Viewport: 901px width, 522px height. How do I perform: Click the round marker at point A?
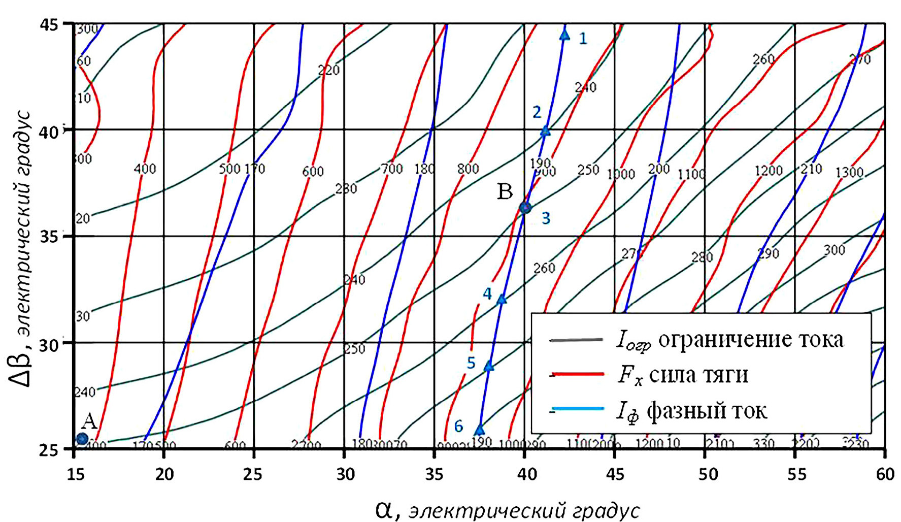click(82, 439)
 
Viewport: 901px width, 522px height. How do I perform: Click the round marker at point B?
click(525, 207)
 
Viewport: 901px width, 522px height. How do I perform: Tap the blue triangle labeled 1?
click(564, 35)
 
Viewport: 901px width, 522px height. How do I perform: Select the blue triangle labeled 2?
click(545, 131)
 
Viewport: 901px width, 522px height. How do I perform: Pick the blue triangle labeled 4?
click(502, 299)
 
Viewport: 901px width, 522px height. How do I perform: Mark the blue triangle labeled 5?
click(489, 366)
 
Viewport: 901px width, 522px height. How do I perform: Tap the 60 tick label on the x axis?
click(885, 474)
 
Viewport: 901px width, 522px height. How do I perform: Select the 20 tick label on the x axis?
click(164, 474)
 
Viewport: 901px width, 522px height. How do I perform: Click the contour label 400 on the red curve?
click(145, 169)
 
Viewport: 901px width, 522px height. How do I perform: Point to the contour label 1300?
click(849, 173)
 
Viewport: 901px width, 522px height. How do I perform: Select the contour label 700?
click(392, 169)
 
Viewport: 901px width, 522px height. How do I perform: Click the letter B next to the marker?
click(505, 192)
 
